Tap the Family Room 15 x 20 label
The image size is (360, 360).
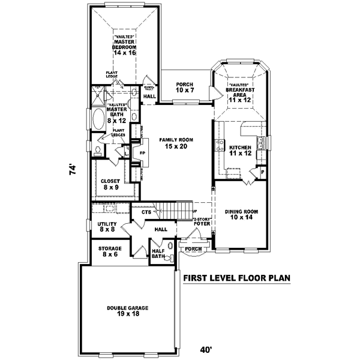(174, 143)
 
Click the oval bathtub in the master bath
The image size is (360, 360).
(97, 119)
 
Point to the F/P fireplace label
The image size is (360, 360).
(142, 154)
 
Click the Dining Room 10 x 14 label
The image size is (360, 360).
(241, 215)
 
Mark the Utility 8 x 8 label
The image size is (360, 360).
(107, 226)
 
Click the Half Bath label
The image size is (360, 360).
(158, 254)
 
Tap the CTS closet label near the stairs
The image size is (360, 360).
(146, 212)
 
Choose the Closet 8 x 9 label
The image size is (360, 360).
(110, 184)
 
